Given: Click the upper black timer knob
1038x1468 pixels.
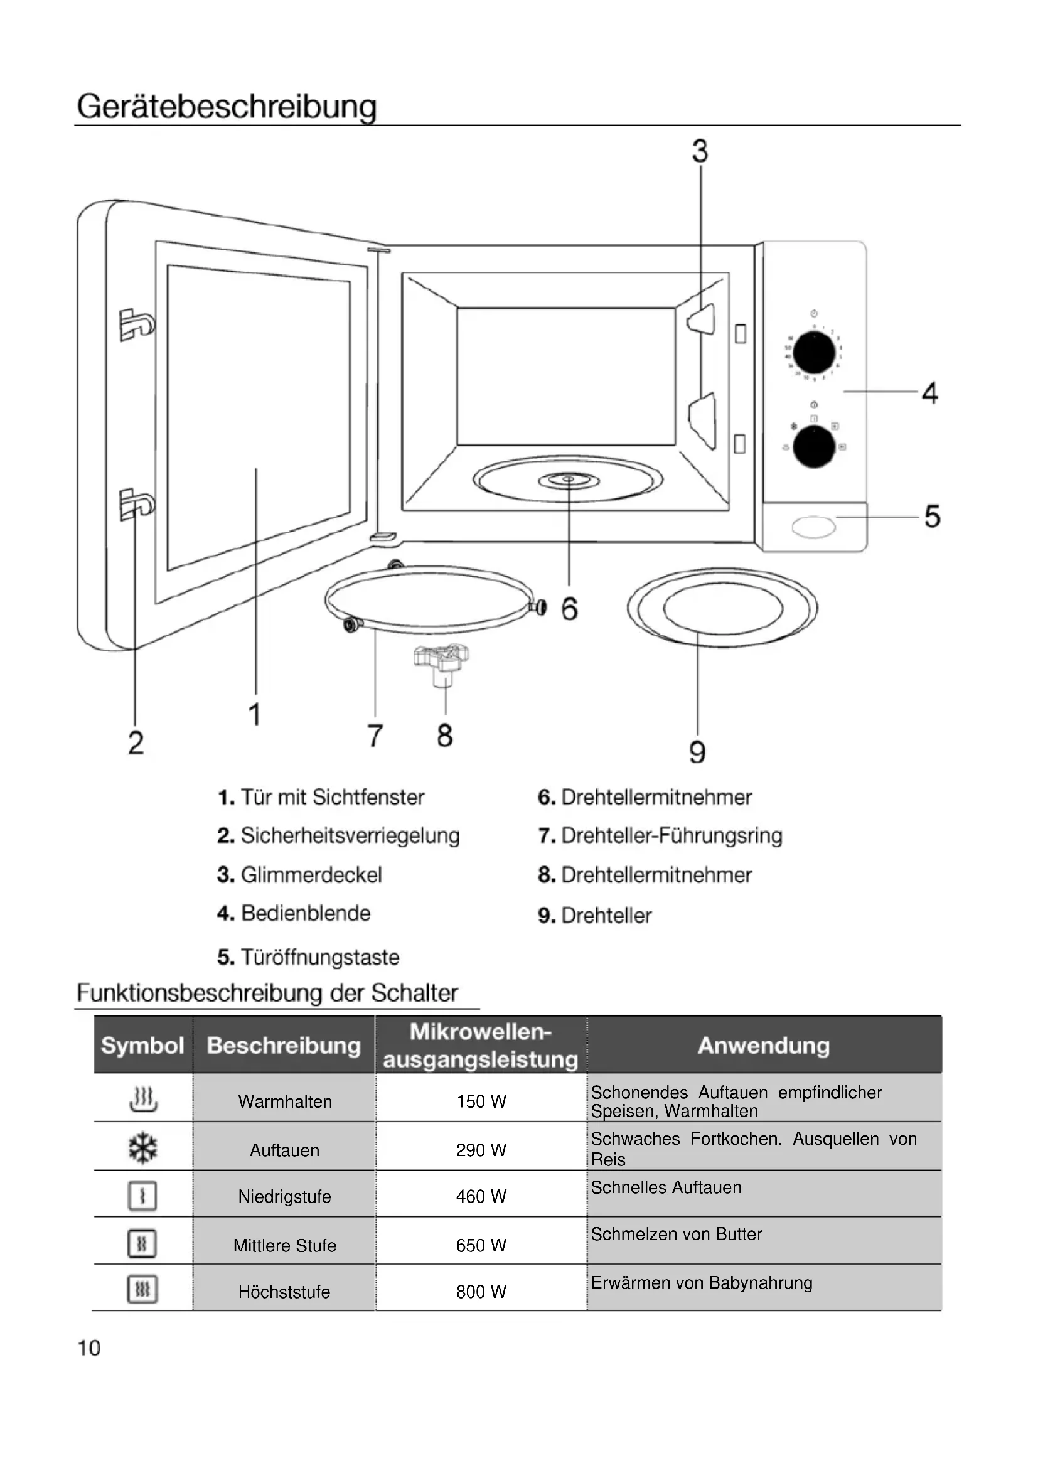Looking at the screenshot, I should pyautogui.click(x=814, y=352).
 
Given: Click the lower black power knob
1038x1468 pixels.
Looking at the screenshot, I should pyautogui.click(x=814, y=447).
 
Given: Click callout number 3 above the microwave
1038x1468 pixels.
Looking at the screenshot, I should pyautogui.click(x=700, y=151).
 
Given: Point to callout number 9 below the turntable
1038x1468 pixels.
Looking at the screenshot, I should pyautogui.click(x=697, y=752).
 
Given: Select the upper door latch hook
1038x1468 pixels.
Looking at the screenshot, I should pyautogui.click(x=136, y=323).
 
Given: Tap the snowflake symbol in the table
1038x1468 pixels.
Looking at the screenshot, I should pyautogui.click(x=142, y=1149).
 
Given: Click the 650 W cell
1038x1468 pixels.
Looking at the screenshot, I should pyautogui.click(x=481, y=1245).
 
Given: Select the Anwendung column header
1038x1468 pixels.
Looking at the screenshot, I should pyautogui.click(x=763, y=1046).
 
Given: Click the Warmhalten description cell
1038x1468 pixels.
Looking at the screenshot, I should pyautogui.click(x=284, y=1101).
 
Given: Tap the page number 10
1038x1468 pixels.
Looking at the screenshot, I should pyautogui.click(x=89, y=1348).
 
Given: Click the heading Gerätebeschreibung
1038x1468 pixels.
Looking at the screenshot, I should pyautogui.click(x=227, y=106).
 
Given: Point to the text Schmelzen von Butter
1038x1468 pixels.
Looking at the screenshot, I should pyautogui.click(x=677, y=1234).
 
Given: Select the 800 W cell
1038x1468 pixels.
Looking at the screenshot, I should pyautogui.click(x=481, y=1292).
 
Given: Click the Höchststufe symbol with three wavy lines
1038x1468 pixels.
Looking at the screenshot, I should pyautogui.click(x=142, y=1290).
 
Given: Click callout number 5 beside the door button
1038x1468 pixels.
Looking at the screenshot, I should pyautogui.click(x=932, y=516).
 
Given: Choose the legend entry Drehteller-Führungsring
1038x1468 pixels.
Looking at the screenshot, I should pyautogui.click(x=660, y=835).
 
